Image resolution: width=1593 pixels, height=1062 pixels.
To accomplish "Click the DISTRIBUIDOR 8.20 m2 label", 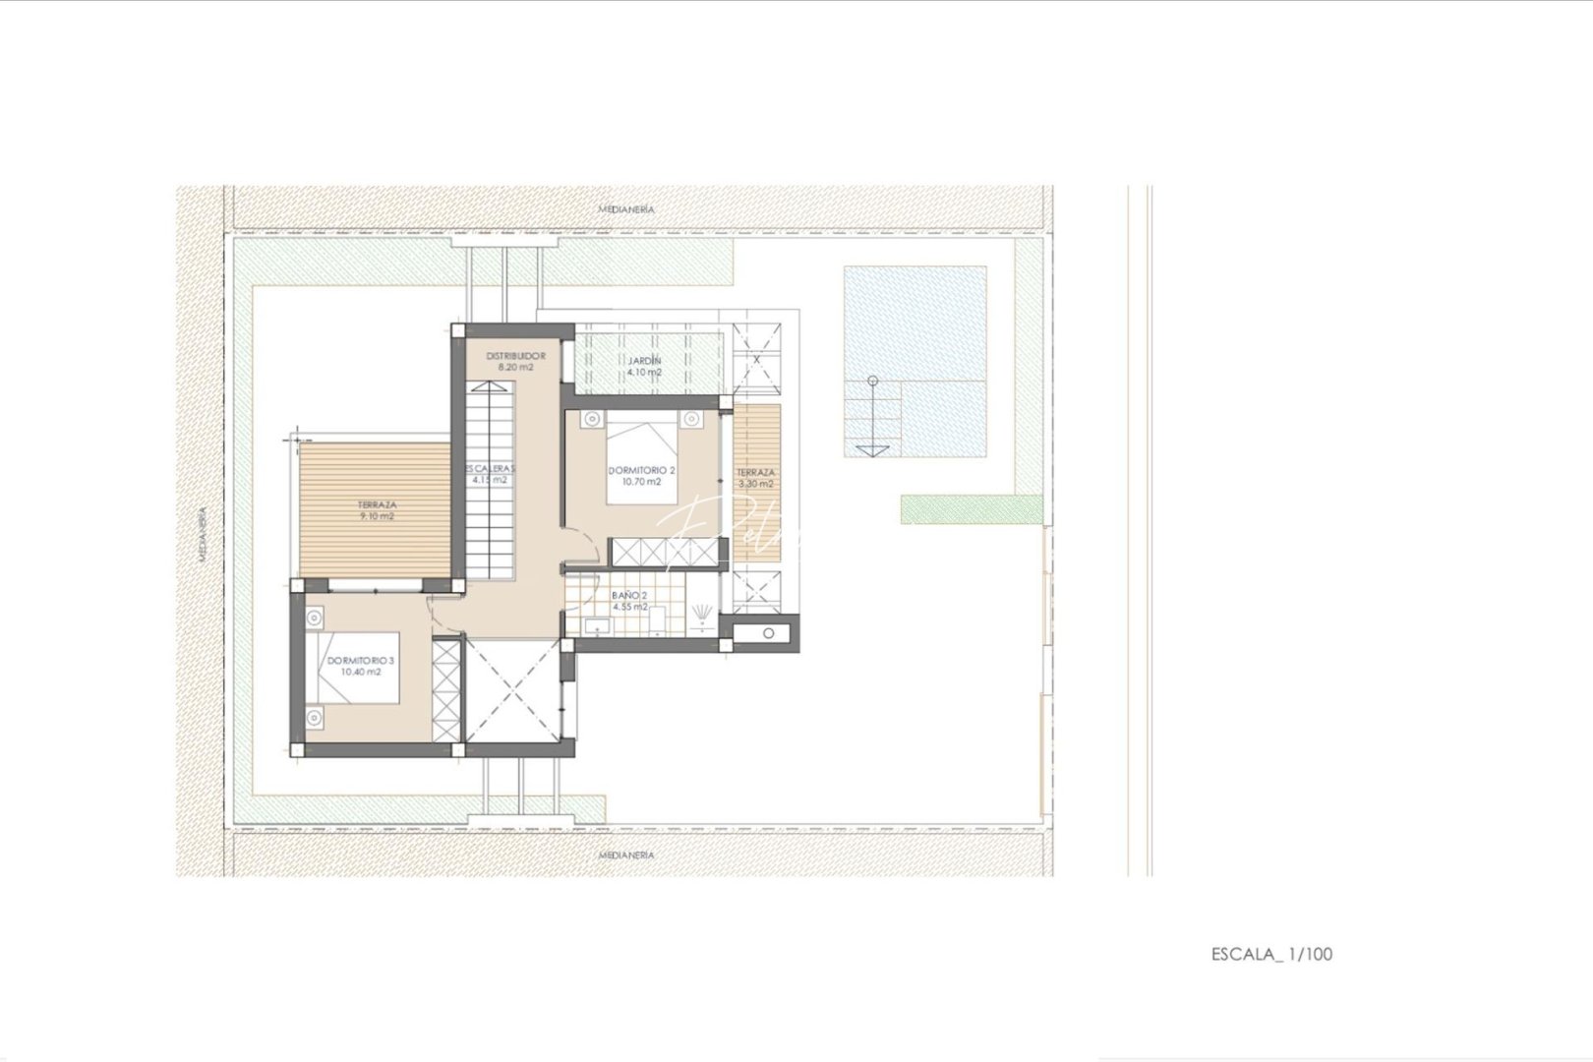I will [515, 361].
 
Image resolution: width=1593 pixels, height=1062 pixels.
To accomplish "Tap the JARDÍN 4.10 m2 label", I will [644, 366].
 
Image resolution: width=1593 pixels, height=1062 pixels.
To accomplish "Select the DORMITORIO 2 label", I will [641, 476].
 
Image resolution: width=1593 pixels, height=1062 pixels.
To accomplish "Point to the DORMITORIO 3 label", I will [361, 666].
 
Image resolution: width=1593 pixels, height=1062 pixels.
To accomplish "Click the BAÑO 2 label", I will [629, 601].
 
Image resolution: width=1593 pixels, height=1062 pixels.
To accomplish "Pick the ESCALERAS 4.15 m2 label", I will [490, 474].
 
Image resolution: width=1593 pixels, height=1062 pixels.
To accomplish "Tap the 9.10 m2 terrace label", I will [377, 509].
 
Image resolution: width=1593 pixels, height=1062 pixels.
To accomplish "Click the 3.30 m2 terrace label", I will [755, 478].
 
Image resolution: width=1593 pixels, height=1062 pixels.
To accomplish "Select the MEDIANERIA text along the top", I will [626, 209].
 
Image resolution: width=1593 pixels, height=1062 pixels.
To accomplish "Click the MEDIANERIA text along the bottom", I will [626, 855].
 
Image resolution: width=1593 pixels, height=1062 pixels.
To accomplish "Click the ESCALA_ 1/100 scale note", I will [1271, 953].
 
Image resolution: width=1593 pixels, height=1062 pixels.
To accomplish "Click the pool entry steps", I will [871, 417].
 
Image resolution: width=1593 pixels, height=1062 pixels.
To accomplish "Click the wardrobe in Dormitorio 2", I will [666, 552].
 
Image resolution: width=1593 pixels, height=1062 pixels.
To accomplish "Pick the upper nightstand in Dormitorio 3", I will [314, 619].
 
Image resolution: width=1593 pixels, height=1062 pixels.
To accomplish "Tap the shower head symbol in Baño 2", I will [701, 617].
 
